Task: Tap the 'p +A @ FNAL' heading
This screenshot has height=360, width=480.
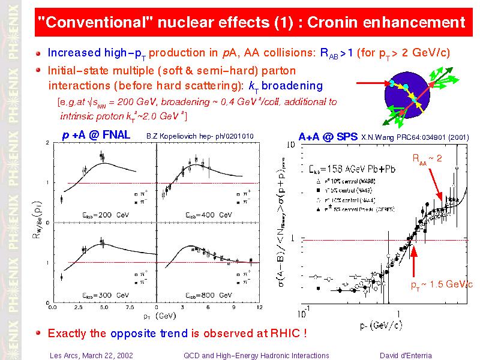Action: [x=96, y=135]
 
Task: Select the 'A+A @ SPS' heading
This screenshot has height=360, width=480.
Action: [x=328, y=137]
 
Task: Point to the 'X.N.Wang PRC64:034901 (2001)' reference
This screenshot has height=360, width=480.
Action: [x=415, y=137]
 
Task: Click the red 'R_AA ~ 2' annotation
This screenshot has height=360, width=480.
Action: [x=427, y=158]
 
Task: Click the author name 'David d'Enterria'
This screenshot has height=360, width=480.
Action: [x=406, y=355]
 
